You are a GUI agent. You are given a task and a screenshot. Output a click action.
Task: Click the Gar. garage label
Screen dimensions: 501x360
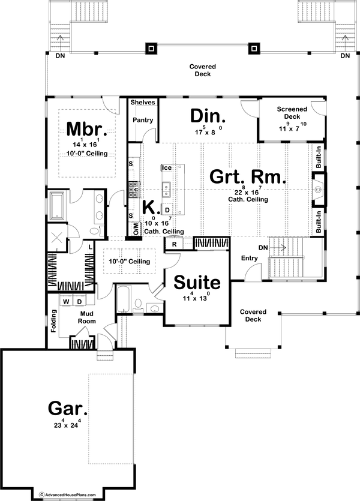tap(68, 410)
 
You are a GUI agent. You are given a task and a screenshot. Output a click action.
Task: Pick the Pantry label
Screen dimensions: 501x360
tap(143, 121)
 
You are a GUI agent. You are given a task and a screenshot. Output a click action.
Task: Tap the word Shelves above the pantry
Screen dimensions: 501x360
tap(143, 103)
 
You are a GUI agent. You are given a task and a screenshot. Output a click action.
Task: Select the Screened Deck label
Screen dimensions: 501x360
tap(292, 113)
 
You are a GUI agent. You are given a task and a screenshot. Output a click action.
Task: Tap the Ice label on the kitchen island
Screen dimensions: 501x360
tap(166, 168)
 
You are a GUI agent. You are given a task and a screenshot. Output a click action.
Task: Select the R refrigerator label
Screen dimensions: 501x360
tap(173, 244)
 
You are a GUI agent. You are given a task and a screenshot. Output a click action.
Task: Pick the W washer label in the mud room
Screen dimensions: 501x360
tap(67, 302)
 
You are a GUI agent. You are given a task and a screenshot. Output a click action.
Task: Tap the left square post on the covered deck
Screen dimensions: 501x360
tap(151, 48)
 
